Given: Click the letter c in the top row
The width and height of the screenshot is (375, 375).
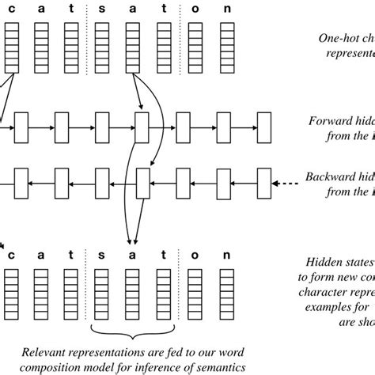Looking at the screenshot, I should pyautogui.click(x=11, y=9).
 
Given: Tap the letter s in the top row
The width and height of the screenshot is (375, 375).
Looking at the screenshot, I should pyautogui.click(x=100, y=9).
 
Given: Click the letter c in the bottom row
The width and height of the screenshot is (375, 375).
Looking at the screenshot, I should pyautogui.click(x=11, y=255).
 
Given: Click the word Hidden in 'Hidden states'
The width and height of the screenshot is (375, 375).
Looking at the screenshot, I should pyautogui.click(x=324, y=262).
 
